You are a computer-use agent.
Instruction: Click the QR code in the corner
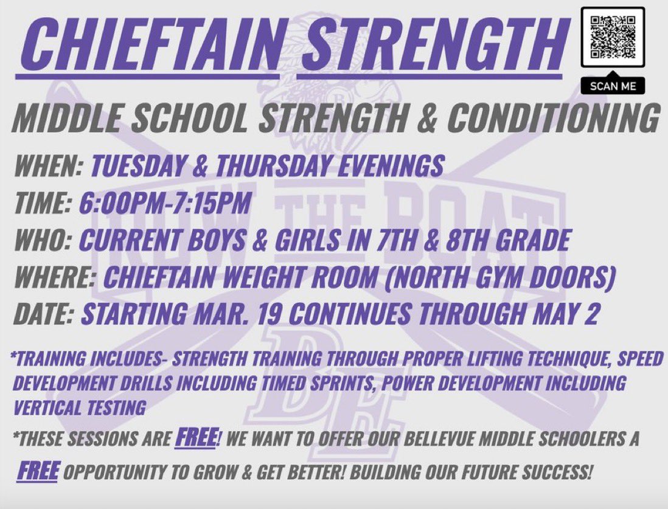[x=613, y=37]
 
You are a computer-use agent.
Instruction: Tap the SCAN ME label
[x=613, y=86]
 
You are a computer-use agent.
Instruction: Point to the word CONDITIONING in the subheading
[x=553, y=118]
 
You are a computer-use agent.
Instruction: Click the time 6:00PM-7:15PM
[x=164, y=203]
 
